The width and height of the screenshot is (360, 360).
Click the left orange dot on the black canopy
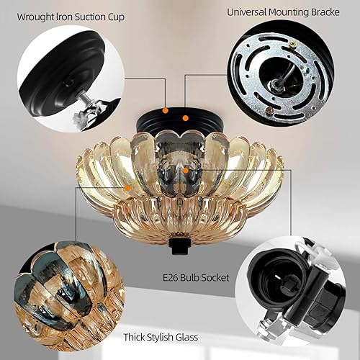(x=166, y=110)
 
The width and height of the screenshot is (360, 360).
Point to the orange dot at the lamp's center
(x=186, y=168)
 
